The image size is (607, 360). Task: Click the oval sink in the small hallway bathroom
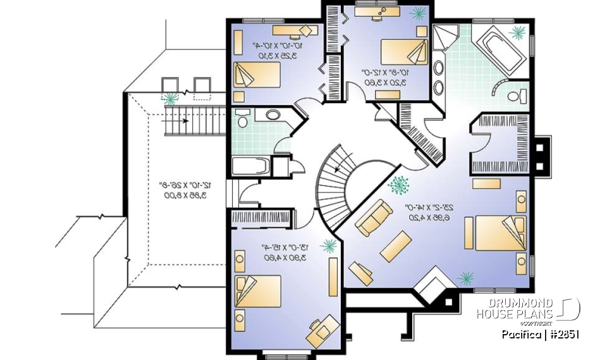pyautogui.click(x=273, y=115)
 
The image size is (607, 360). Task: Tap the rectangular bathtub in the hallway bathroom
pyautogui.click(x=251, y=166)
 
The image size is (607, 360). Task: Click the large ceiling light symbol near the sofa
pyautogui.click(x=398, y=185)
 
